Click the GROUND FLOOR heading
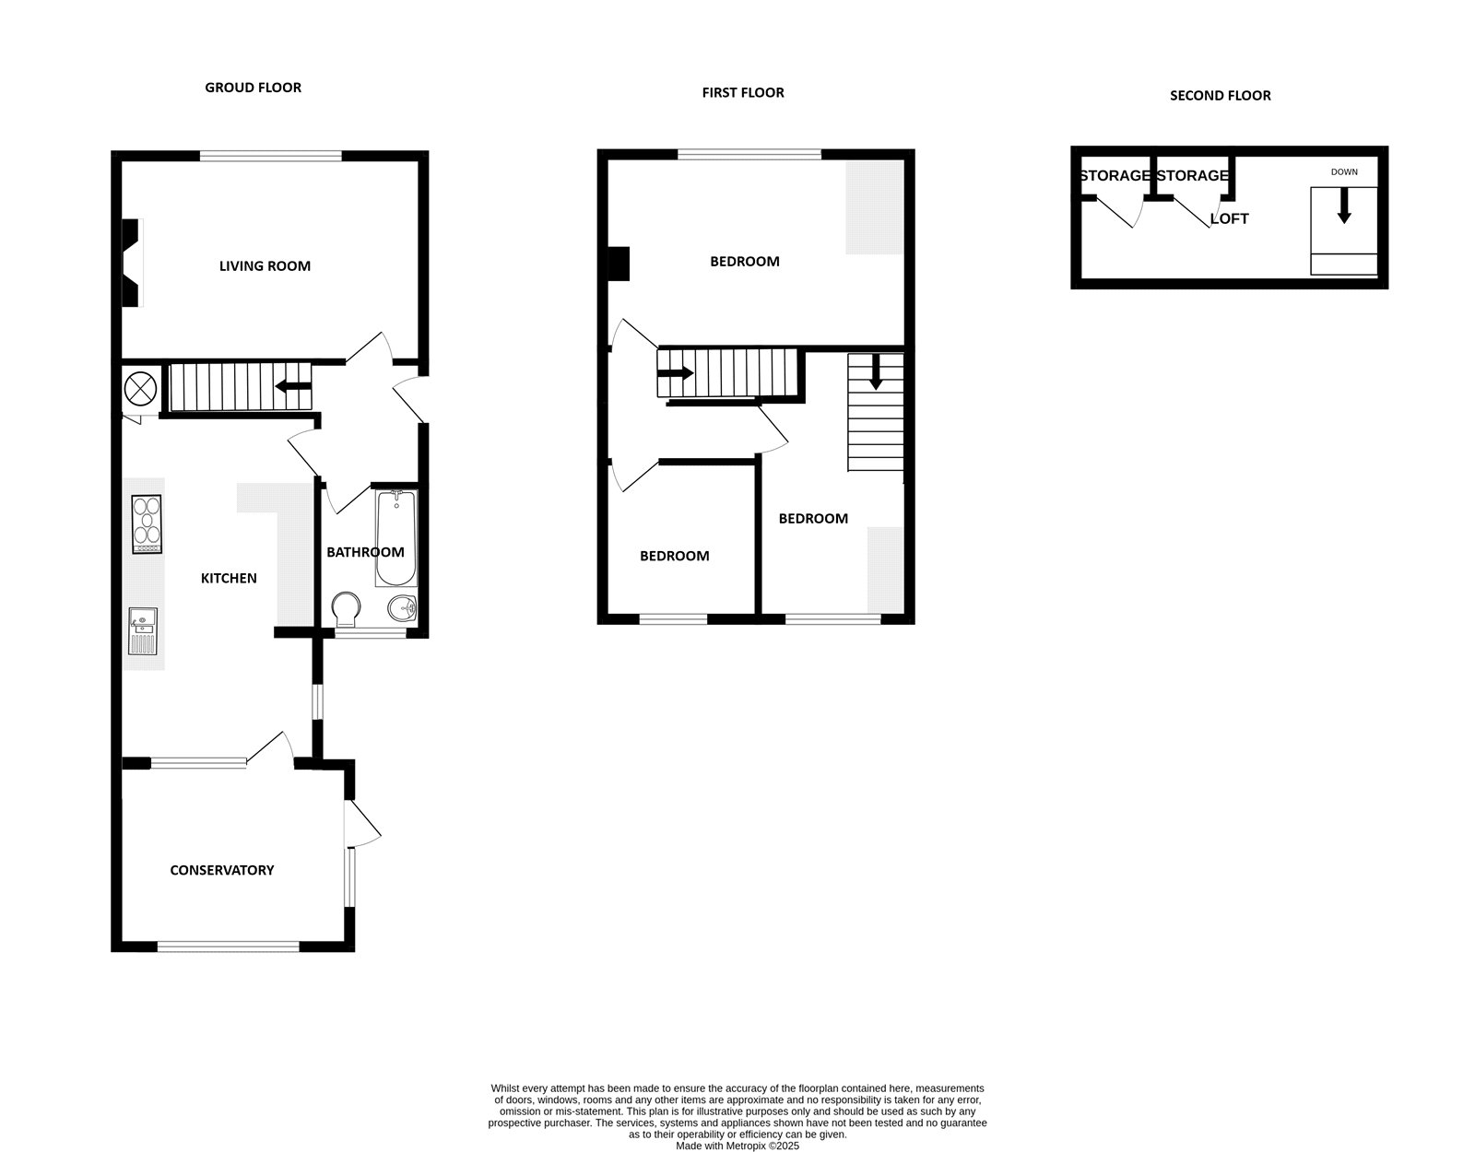tap(253, 88)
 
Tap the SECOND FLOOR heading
tap(1220, 95)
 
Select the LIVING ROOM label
tap(265, 266)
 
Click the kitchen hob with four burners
tap(147, 524)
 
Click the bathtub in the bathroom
tap(396, 539)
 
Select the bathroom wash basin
tap(402, 608)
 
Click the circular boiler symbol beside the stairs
tap(139, 388)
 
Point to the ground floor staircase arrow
tap(292, 388)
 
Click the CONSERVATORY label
tap(222, 870)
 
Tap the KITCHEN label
tap(229, 579)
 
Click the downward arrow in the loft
tap(1344, 206)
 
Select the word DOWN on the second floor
tap(1343, 172)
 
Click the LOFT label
tap(1229, 219)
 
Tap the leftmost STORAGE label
tap(1115, 176)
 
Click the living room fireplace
tap(132, 263)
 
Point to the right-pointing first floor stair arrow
tap(676, 373)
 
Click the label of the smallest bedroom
tap(675, 556)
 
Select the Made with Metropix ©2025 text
tap(737, 1146)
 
